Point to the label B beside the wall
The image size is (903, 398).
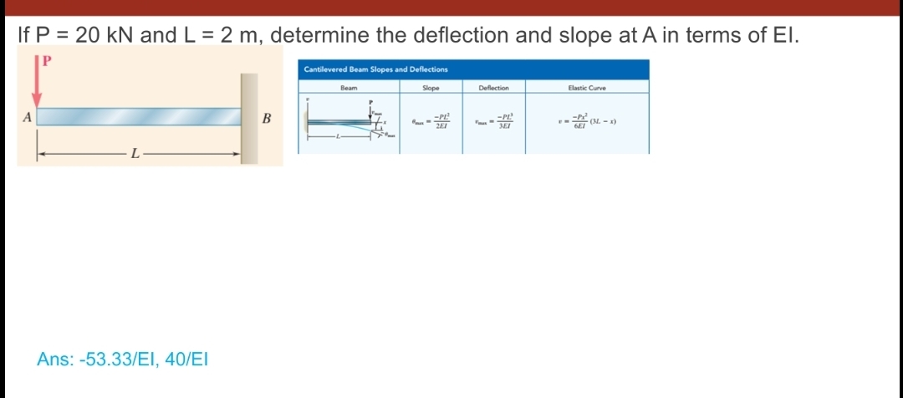(x=267, y=118)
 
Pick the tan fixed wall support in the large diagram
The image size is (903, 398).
(x=249, y=117)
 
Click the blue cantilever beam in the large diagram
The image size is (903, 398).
(x=138, y=115)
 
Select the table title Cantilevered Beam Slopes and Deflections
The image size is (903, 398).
(x=375, y=69)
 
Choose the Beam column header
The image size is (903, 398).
(x=349, y=87)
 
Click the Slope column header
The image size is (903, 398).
(x=431, y=87)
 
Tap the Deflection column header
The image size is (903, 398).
(x=500, y=87)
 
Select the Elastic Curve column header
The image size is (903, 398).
(x=587, y=87)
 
